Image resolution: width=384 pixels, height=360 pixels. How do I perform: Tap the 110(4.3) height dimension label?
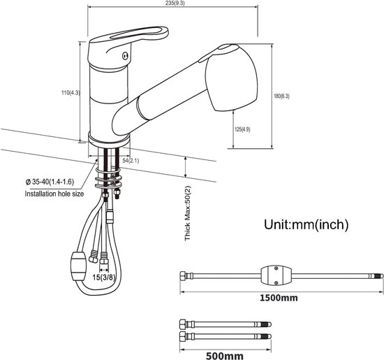click(x=71, y=93)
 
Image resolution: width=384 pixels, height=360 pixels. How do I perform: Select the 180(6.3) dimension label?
click(x=281, y=96)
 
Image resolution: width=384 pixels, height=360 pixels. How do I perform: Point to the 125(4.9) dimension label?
click(x=242, y=129)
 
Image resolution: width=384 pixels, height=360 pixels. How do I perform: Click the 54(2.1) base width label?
click(x=131, y=161)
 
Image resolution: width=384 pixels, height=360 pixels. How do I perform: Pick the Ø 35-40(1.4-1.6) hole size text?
click(x=50, y=182)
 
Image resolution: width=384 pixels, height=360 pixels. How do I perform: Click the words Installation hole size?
click(x=54, y=194)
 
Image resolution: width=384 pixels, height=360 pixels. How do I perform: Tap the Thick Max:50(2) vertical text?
click(x=188, y=213)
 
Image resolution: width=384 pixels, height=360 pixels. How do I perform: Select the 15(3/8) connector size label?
click(x=104, y=278)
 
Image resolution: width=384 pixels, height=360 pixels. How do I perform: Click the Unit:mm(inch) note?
click(x=306, y=224)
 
